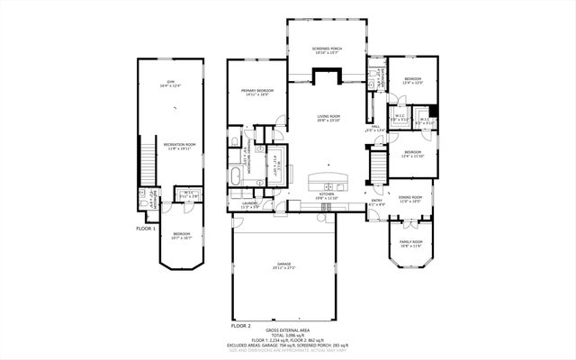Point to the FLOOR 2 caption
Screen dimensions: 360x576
(x=240, y=324)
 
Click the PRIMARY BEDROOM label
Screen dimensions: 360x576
(x=257, y=91)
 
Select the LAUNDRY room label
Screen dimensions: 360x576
(x=249, y=204)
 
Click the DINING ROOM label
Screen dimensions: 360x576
(x=410, y=200)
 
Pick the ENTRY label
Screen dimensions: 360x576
(x=377, y=202)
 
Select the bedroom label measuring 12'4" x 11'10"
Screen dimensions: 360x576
(x=412, y=153)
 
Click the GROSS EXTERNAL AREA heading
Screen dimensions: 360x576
(x=288, y=330)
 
